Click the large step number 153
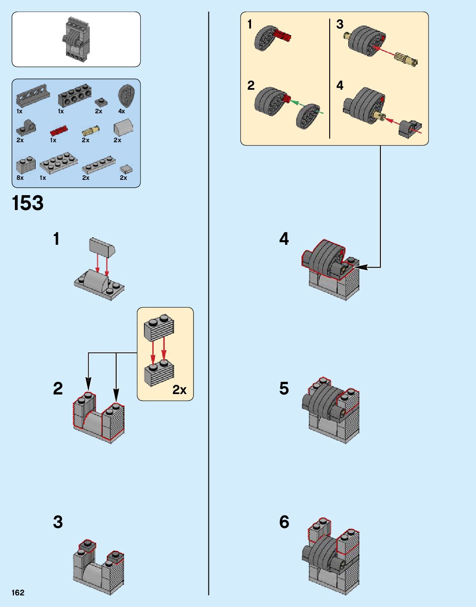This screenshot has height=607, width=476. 28,203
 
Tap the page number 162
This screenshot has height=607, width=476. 18,593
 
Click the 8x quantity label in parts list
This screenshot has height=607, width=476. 20,178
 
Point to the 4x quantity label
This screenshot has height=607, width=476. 122,111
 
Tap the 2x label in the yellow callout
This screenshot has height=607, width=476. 179,390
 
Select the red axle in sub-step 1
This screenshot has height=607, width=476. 282,36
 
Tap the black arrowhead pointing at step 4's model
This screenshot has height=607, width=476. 360,268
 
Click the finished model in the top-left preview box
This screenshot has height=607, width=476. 77,39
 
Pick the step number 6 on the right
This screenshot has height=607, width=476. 284,522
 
